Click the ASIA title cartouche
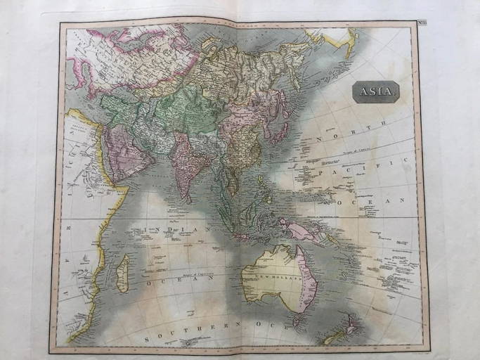[x=377, y=91]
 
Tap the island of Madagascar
[x=122, y=273]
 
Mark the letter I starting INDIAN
[x=145, y=230]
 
